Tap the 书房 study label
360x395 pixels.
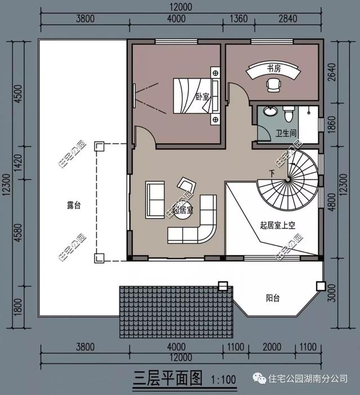[274, 69]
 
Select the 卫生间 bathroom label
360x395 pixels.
[286, 134]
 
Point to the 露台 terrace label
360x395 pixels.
[74, 206]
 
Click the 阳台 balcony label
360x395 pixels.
[272, 298]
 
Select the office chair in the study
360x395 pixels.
[274, 84]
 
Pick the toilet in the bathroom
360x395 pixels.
[289, 115]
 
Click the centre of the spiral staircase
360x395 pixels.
[289, 179]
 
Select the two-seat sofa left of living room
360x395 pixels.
[155, 199]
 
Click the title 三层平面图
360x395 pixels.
[167, 378]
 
